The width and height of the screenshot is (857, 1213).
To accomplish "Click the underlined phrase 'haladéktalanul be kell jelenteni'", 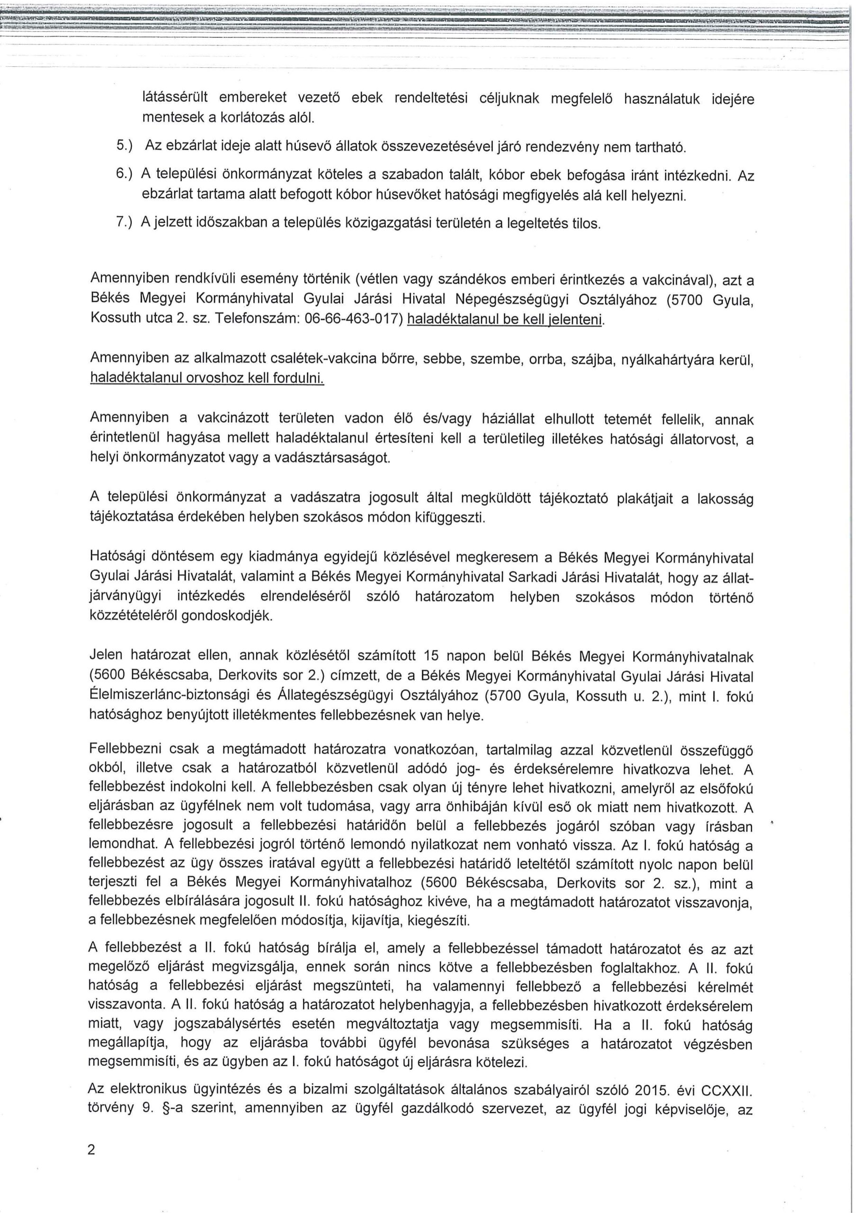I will tap(505, 321).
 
